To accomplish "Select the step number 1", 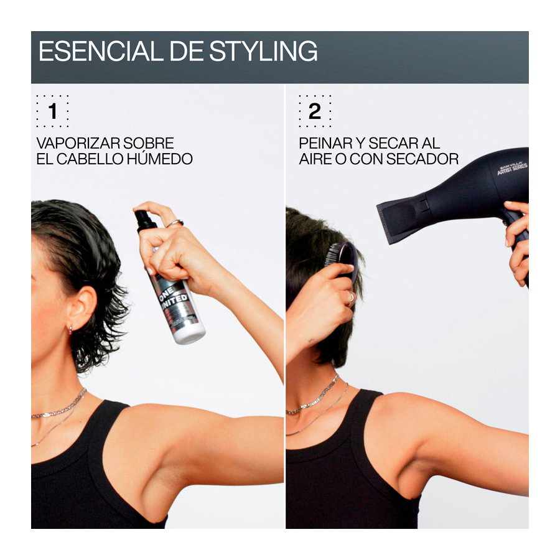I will [x=52, y=111].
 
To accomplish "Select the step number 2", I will [x=315, y=111].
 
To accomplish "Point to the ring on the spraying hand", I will [x=175, y=223].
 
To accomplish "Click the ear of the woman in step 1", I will [x=82, y=307].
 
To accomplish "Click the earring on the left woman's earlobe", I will [x=70, y=330].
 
